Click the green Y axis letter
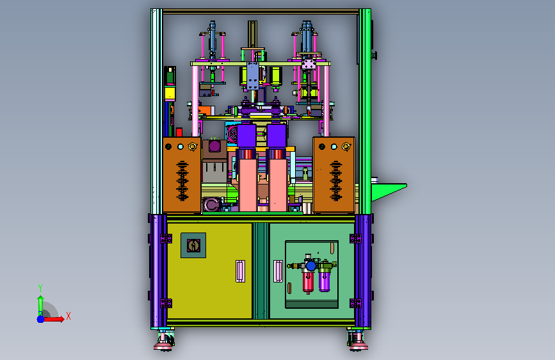40,288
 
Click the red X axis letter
68,316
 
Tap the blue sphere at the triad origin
41,319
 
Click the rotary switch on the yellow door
193,245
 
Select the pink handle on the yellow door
240,271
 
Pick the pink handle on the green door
278,271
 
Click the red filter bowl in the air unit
308,281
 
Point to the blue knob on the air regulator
311,266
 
